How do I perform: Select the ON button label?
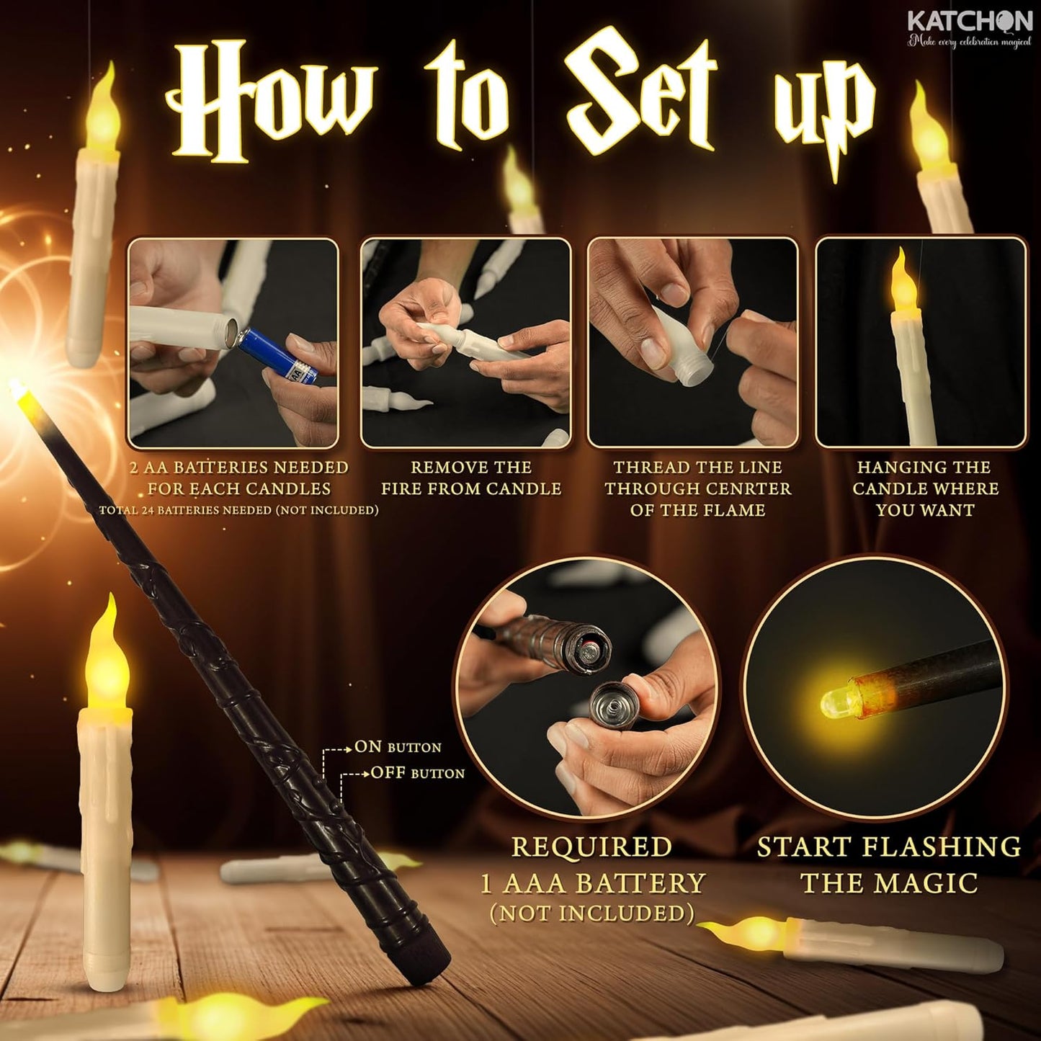pyautogui.click(x=398, y=747)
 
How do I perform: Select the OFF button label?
pyautogui.click(x=417, y=774)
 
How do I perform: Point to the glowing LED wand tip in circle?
pyautogui.click(x=836, y=700)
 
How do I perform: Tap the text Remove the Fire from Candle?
pyautogui.click(x=471, y=478)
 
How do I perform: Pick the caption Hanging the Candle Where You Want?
pyautogui.click(x=925, y=488)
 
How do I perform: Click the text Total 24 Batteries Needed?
pyautogui.click(x=238, y=510)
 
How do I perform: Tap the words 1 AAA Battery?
pyautogui.click(x=592, y=883)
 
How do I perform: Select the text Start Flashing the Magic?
pyautogui.click(x=889, y=864)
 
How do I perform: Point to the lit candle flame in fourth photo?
pyautogui.click(x=901, y=285)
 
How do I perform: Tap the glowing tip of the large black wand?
pyautogui.click(x=17, y=390)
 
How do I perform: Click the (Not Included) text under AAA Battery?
pyautogui.click(x=592, y=913)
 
